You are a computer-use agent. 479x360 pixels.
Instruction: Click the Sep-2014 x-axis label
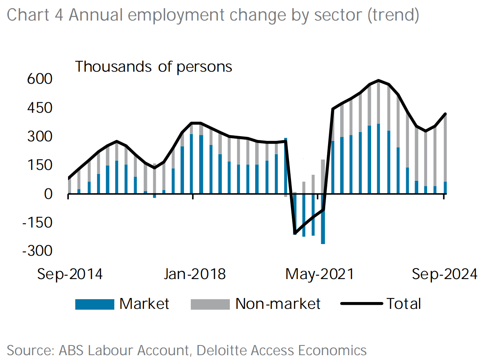coord(70,274)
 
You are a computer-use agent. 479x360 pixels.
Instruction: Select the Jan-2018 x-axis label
coord(194,274)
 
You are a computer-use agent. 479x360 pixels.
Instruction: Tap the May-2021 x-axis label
coord(320,274)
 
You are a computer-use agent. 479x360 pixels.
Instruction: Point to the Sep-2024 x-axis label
coord(444,274)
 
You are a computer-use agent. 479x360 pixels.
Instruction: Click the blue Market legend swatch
coord(95,304)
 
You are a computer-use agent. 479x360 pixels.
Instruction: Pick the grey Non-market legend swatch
coord(210,304)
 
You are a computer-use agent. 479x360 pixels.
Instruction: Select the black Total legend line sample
coord(361,304)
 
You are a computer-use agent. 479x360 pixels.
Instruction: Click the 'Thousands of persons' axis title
coord(154,67)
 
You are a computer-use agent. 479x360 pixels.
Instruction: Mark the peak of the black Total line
coord(378,81)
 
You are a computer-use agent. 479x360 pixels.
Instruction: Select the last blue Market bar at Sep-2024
coord(445,188)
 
